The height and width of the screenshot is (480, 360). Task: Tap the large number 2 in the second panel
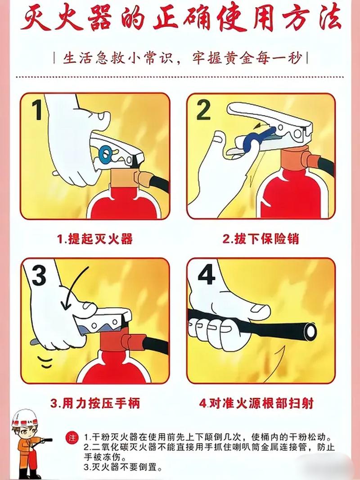[203, 110]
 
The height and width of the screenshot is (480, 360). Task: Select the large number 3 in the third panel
[39, 276]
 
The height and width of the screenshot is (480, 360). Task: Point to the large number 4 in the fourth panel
[206, 275]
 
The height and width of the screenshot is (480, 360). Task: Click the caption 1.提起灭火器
[95, 238]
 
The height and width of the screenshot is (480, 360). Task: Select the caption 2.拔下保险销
[261, 238]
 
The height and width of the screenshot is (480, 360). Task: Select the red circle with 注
[71, 438]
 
